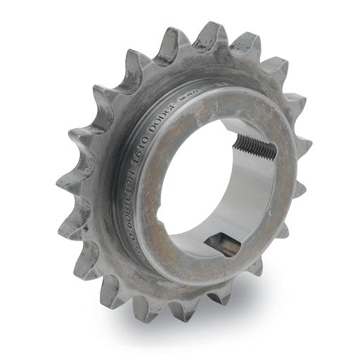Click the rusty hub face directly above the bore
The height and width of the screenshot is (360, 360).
(211, 112)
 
